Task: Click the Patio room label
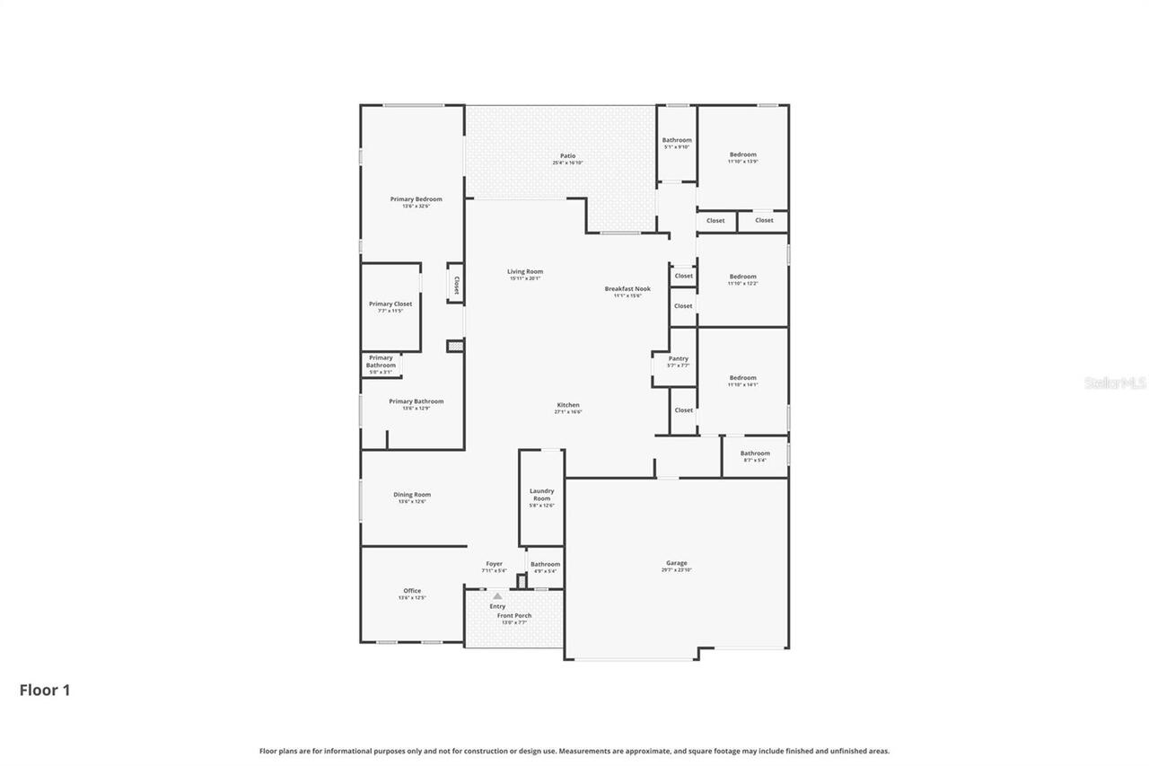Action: (x=567, y=156)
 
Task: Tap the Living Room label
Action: (x=525, y=272)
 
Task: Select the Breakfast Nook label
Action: (x=627, y=289)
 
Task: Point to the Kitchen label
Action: (x=567, y=405)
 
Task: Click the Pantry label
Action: (x=678, y=359)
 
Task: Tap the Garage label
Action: (x=677, y=563)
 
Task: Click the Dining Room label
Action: (x=412, y=495)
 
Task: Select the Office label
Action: (x=412, y=591)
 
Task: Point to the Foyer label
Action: (x=494, y=564)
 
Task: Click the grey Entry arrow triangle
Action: (x=497, y=595)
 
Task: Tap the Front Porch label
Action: (x=514, y=616)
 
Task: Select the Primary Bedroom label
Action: (x=416, y=199)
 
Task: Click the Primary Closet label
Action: (x=390, y=304)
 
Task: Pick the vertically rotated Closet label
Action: (x=456, y=285)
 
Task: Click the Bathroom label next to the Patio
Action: (x=677, y=140)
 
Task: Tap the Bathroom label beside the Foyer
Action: (x=545, y=565)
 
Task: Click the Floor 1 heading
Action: (x=45, y=690)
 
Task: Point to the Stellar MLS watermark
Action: (x=1115, y=383)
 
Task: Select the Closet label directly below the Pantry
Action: (x=683, y=410)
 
